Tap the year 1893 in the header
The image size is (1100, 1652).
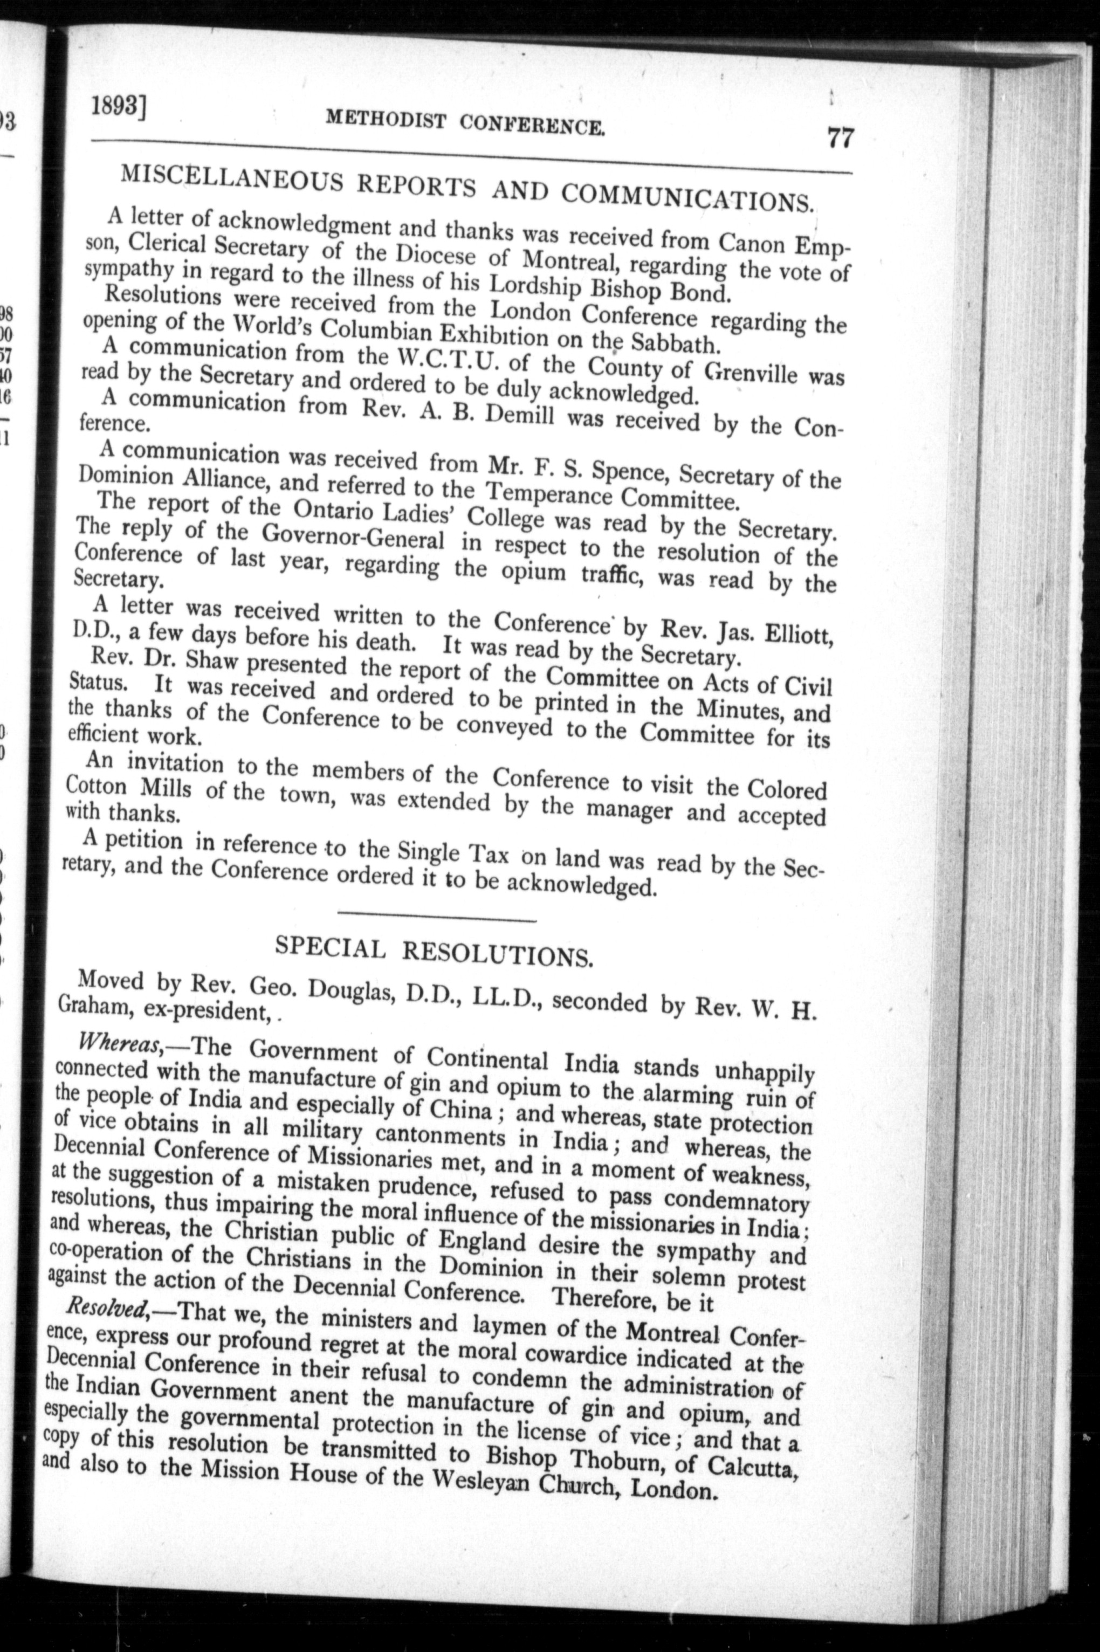(120, 107)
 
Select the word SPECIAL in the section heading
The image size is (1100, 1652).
(331, 948)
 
